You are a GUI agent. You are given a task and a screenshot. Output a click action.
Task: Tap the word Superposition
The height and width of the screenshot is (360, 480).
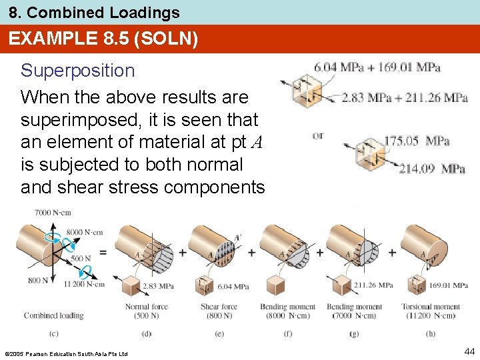coord(77,71)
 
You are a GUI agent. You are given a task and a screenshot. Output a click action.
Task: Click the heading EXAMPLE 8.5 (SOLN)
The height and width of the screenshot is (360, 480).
coord(103,39)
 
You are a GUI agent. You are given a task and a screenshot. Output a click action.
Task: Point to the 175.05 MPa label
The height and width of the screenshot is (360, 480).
coord(417,141)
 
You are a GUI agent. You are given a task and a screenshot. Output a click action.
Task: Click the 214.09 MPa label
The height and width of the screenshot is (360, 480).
coord(431,169)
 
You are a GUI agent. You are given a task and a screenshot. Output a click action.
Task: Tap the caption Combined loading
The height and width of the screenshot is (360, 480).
coord(54,315)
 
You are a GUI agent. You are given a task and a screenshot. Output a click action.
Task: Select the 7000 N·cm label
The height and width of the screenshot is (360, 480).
coord(53,212)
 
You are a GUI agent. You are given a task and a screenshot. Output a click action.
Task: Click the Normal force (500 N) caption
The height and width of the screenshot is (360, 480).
coord(147,311)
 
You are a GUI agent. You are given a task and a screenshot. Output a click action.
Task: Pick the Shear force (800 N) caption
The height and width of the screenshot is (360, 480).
coord(219,311)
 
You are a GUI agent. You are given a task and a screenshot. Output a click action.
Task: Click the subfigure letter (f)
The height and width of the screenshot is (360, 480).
coord(288,333)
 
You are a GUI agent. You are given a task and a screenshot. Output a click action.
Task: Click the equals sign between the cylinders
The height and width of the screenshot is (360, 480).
coord(102,253)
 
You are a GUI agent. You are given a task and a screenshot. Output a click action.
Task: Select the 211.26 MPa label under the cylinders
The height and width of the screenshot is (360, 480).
coord(374,285)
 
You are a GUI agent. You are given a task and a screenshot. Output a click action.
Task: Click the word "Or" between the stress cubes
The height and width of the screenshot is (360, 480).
coord(318,135)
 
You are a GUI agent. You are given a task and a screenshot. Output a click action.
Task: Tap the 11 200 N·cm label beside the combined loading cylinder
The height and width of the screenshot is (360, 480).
coord(85,284)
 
